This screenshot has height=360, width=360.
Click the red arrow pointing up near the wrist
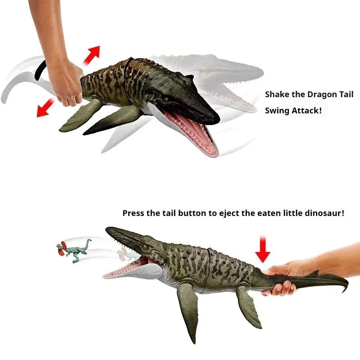coord(92,55)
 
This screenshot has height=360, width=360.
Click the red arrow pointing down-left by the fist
coord(46,107)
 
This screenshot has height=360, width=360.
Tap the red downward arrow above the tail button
coord(263,249)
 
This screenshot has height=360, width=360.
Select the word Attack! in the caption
coord(307,111)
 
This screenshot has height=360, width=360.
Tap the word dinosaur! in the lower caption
coord(324,213)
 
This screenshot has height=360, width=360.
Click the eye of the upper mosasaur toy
coord(166,99)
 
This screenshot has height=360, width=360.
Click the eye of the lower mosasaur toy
coord(145,247)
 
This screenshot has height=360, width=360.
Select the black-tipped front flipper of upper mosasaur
coord(110,121)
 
